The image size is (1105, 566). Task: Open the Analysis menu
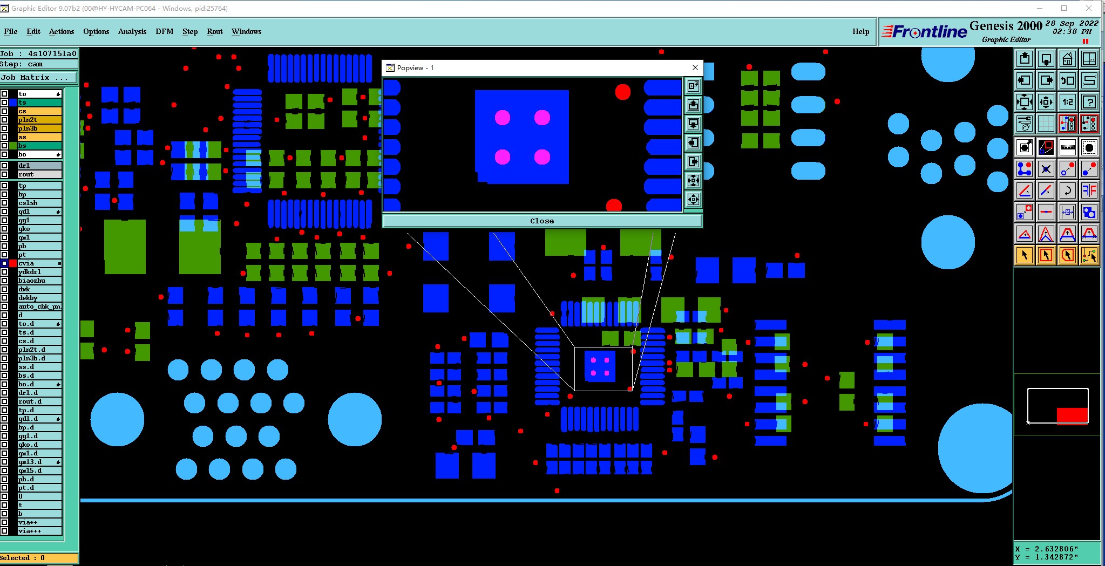tap(132, 31)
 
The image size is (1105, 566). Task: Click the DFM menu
tap(165, 31)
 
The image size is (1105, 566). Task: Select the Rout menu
tap(214, 31)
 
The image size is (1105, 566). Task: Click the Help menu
tap(860, 31)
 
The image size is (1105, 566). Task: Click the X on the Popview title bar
tap(695, 67)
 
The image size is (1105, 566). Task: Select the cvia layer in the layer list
tap(39, 263)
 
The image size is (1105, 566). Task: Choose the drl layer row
tap(39, 166)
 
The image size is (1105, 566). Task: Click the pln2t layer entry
tap(39, 120)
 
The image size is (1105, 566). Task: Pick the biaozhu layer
tap(39, 281)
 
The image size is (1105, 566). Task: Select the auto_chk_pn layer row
tap(39, 306)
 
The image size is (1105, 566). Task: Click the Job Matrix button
tap(38, 78)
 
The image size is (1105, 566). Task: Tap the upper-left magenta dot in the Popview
tap(503, 118)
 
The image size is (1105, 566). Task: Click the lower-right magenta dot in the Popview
tap(542, 157)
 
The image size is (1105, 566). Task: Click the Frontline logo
tap(924, 32)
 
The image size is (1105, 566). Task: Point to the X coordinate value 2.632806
tap(1056, 549)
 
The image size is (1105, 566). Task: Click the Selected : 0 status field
tap(39, 558)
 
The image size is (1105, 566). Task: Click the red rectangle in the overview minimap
tap(1072, 415)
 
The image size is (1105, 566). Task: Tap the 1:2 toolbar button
tap(1067, 102)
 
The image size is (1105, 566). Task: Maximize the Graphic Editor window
tap(1063, 8)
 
